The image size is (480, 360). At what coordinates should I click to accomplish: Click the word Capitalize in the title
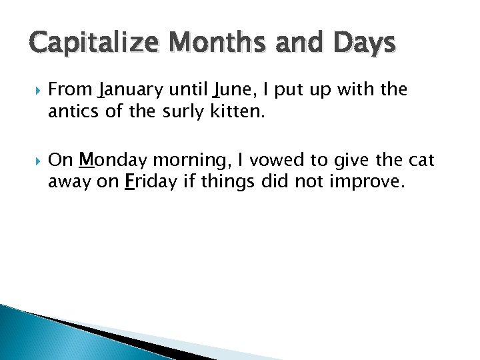[x=93, y=44]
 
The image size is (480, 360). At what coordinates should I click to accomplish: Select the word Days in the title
[x=363, y=44]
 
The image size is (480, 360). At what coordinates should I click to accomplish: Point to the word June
[x=231, y=89]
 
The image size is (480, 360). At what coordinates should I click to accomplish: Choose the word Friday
[x=147, y=183]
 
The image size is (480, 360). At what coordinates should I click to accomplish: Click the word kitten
[x=238, y=112]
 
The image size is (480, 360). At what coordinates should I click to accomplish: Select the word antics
[x=73, y=112]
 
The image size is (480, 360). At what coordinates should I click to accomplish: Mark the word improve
[x=371, y=183]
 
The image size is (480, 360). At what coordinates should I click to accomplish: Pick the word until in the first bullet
[x=189, y=89]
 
